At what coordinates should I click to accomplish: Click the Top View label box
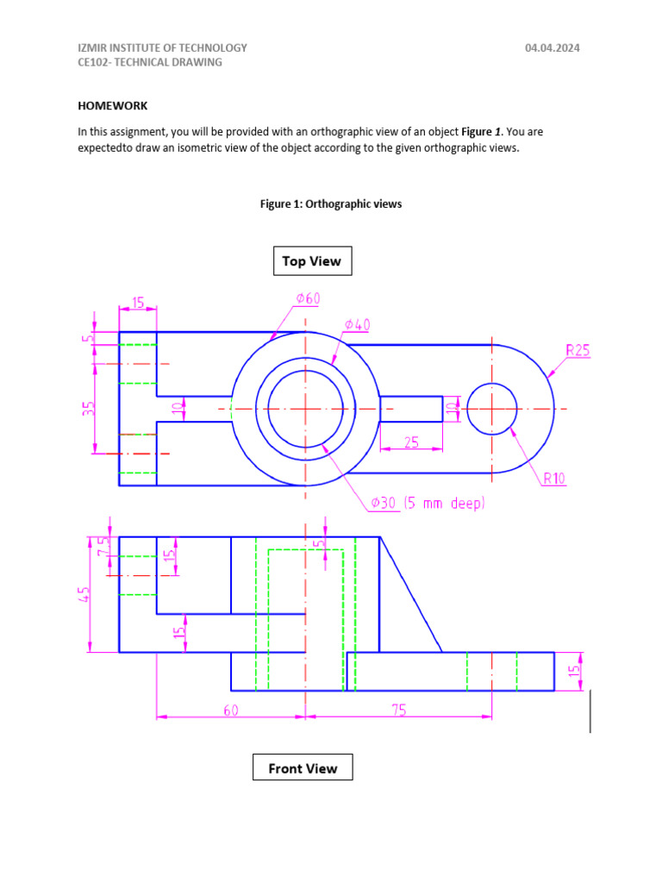pos(312,260)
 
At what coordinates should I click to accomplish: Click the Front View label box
pos(303,767)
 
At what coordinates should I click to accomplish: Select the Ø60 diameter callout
pos(308,298)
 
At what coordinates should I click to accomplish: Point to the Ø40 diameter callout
pos(357,324)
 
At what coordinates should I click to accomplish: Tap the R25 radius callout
pos(578,350)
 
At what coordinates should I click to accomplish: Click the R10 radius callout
pos(553,479)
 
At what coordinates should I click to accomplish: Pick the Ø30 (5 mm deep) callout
pos(428,503)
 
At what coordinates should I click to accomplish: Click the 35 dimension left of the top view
pos(88,407)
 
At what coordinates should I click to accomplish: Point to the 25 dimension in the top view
pos(410,442)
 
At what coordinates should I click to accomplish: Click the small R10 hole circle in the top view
pos(491,409)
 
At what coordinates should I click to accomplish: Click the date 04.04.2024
pos(553,48)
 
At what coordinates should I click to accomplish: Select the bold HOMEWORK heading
pos(113,106)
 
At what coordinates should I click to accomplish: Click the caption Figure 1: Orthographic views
pos(331,204)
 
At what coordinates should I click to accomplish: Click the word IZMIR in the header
pos(93,48)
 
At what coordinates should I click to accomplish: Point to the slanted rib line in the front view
pos(411,595)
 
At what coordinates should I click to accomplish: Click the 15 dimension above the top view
pos(137,304)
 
